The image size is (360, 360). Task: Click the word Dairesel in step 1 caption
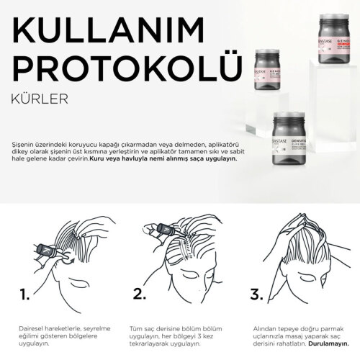tap(30, 328)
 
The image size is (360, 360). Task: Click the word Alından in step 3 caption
tap(258, 328)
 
